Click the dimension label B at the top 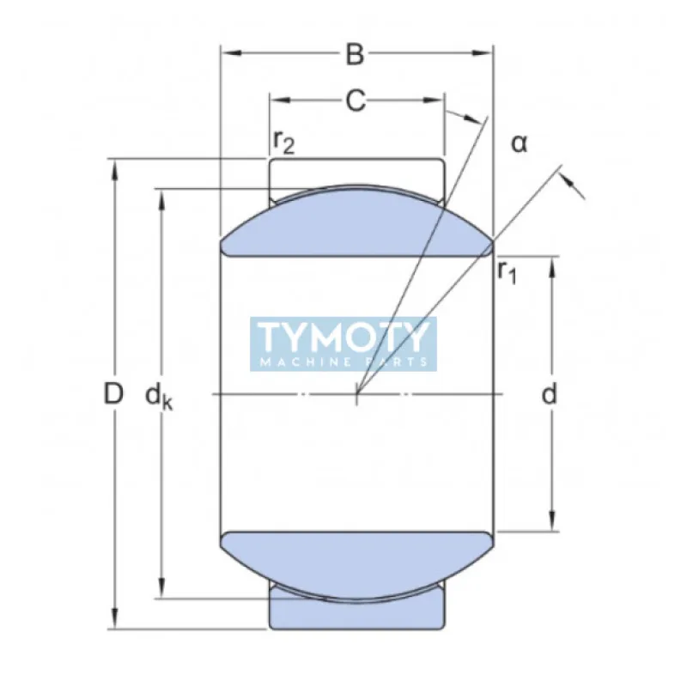355,54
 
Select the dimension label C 355,101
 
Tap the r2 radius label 283,142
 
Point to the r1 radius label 508,273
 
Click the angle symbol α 519,143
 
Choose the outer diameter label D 112,394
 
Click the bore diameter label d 550,394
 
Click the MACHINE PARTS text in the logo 343,362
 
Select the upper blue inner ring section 356,225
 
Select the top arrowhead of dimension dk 161,197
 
